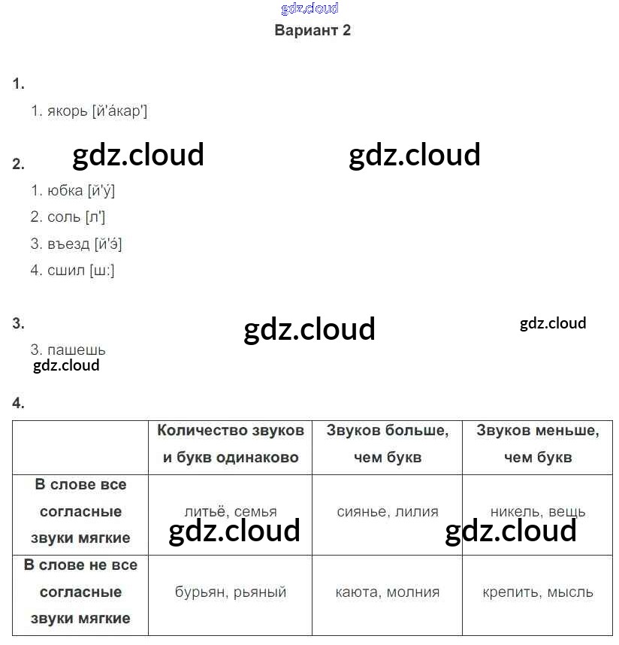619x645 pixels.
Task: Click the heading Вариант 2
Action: pos(313,31)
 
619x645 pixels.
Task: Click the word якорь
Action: pos(66,111)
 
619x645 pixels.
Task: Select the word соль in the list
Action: pos(63,217)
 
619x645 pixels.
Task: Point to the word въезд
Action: pos(68,244)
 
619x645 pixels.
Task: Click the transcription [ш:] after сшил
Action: pos(101,271)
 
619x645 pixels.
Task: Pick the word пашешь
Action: pos(76,350)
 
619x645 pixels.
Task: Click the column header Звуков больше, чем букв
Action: pos(387,444)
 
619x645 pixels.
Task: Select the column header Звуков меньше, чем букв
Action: pos(537,444)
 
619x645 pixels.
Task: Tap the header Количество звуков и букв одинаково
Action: pos(231,444)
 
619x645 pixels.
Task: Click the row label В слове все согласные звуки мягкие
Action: pos(80,512)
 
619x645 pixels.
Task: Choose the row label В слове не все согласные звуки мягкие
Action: pos(80,592)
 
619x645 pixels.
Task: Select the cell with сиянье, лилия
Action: pos(387,512)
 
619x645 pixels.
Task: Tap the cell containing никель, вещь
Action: pos(537,512)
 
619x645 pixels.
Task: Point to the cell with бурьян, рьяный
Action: pos(231,592)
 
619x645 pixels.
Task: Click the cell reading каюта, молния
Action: pos(387,592)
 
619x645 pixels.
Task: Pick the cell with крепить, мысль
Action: pos(537,592)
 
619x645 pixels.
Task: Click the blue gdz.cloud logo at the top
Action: pos(309,8)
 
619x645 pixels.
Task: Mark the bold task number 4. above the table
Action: pos(19,404)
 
